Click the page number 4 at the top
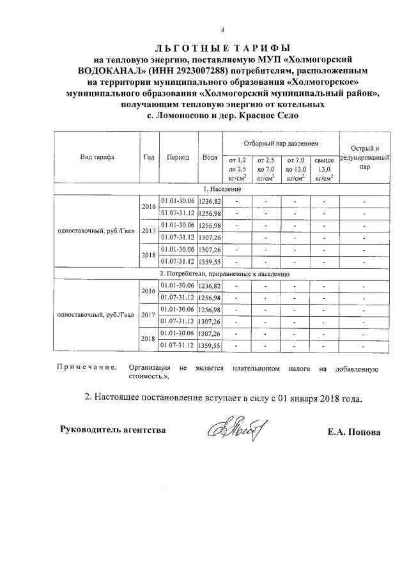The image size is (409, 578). [223, 30]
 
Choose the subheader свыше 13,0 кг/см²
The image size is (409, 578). [324, 169]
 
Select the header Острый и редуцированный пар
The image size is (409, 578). [364, 157]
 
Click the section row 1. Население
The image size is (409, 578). [222, 190]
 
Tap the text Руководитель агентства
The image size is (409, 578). [112, 429]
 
